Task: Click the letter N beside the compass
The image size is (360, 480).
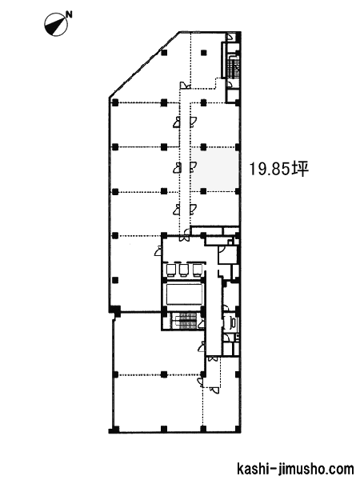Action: click(70, 14)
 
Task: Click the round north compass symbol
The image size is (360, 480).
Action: click(56, 23)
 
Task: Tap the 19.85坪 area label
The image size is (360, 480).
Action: click(279, 169)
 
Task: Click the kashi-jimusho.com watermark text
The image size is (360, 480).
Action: click(295, 469)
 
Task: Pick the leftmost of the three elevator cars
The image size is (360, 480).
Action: click(170, 270)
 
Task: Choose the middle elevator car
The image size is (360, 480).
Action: click(183, 270)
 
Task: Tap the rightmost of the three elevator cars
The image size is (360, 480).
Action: click(197, 270)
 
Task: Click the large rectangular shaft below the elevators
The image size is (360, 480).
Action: click(184, 294)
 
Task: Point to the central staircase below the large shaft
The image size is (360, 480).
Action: click(184, 321)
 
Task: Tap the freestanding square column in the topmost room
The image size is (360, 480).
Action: click(203, 53)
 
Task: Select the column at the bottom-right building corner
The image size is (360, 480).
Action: click(238, 429)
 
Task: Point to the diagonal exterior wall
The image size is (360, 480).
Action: click(144, 65)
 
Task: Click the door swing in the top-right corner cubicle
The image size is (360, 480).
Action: click(230, 38)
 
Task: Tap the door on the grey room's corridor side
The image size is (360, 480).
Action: click(194, 166)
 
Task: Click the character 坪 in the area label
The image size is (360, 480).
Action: click(300, 169)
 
